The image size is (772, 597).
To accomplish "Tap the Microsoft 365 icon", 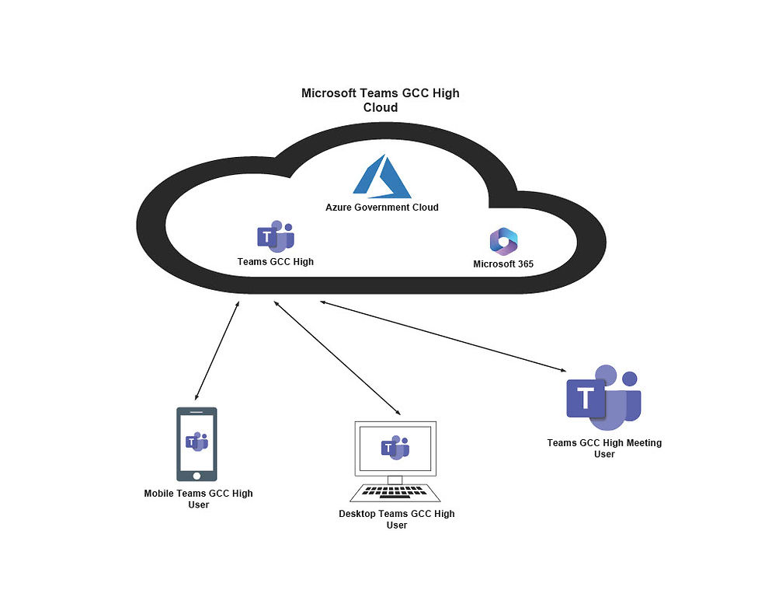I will pyautogui.click(x=503, y=242).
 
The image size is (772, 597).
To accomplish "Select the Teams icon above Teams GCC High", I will pyautogui.click(x=275, y=236).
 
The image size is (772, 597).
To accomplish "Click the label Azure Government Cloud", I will pyautogui.click(x=381, y=208).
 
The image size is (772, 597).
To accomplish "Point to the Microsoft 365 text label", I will pyautogui.click(x=503, y=264).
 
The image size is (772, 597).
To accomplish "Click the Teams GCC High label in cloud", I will pyautogui.click(x=275, y=262).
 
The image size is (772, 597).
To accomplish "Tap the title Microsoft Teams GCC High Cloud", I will pyautogui.click(x=381, y=100).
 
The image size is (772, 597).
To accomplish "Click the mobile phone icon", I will pyautogui.click(x=196, y=444).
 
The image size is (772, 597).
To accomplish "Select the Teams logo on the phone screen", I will pyautogui.click(x=196, y=442).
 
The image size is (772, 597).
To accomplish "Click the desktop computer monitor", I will pyautogui.click(x=395, y=449).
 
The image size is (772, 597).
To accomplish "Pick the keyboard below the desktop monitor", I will pyautogui.click(x=395, y=492).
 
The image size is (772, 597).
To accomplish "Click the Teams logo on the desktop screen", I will pyautogui.click(x=395, y=447).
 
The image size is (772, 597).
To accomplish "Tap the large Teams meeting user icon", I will pyautogui.click(x=603, y=396).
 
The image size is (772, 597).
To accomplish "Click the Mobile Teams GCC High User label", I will pyautogui.click(x=198, y=499).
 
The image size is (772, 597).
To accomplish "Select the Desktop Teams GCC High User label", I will pyautogui.click(x=396, y=519).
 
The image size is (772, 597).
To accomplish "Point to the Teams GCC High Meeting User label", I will pyautogui.click(x=604, y=449).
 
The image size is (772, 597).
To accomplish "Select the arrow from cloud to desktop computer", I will pyautogui.click(x=336, y=358).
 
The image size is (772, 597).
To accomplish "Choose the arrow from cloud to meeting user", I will pyautogui.click(x=443, y=336).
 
